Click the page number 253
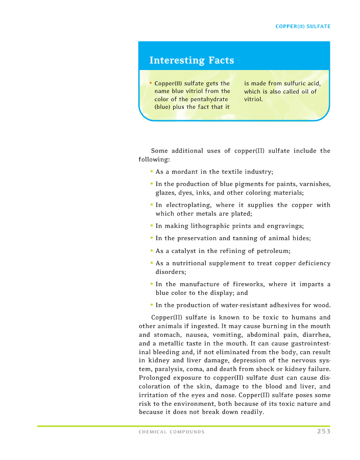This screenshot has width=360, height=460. (323, 431)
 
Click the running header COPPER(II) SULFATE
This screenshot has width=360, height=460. (303, 27)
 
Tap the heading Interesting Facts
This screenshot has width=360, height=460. (191, 60)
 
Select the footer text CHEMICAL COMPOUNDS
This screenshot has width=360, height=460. (172, 432)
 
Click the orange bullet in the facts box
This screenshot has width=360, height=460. (151, 83)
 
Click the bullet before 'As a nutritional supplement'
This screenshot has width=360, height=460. (152, 263)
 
